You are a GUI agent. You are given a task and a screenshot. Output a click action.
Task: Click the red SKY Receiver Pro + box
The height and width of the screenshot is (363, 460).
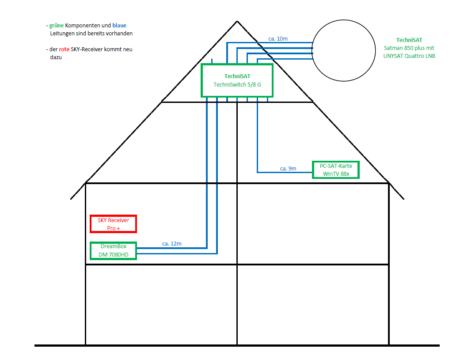(113, 224)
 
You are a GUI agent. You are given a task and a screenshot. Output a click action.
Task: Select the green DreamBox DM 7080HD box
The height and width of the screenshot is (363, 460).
(113, 251)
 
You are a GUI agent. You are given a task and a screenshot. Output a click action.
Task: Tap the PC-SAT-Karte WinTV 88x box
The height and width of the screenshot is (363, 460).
(336, 170)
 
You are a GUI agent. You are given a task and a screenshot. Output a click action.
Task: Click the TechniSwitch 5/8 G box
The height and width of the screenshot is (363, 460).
(237, 80)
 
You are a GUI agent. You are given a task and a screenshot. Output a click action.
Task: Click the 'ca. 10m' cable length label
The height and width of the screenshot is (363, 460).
(278, 39)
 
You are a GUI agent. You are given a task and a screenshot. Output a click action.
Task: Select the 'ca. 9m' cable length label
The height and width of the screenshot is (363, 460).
(288, 169)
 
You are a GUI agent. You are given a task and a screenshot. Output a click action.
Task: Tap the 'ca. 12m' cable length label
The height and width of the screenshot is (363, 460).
(171, 244)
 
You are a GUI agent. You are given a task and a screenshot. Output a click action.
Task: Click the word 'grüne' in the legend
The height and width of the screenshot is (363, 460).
(57, 26)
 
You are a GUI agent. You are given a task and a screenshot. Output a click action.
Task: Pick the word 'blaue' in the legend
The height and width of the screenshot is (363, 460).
(119, 26)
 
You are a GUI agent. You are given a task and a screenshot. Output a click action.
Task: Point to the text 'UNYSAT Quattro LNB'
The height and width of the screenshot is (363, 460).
(409, 56)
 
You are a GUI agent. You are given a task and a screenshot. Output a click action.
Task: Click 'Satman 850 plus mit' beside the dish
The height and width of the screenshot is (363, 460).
(409, 48)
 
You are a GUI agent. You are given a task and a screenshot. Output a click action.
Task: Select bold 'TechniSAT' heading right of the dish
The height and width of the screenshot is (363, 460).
(409, 40)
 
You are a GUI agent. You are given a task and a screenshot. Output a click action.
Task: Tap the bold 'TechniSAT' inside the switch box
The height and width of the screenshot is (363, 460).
(237, 76)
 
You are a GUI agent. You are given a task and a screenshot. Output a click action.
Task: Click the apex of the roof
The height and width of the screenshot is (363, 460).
(238, 21)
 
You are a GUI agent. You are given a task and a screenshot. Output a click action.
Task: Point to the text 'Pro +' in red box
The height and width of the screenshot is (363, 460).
(113, 228)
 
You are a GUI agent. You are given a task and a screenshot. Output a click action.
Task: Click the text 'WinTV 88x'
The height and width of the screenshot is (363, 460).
(336, 174)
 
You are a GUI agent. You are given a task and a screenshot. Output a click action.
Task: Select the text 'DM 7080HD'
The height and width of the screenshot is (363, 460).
(113, 255)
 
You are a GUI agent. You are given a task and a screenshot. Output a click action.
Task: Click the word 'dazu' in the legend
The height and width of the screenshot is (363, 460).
(56, 57)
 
